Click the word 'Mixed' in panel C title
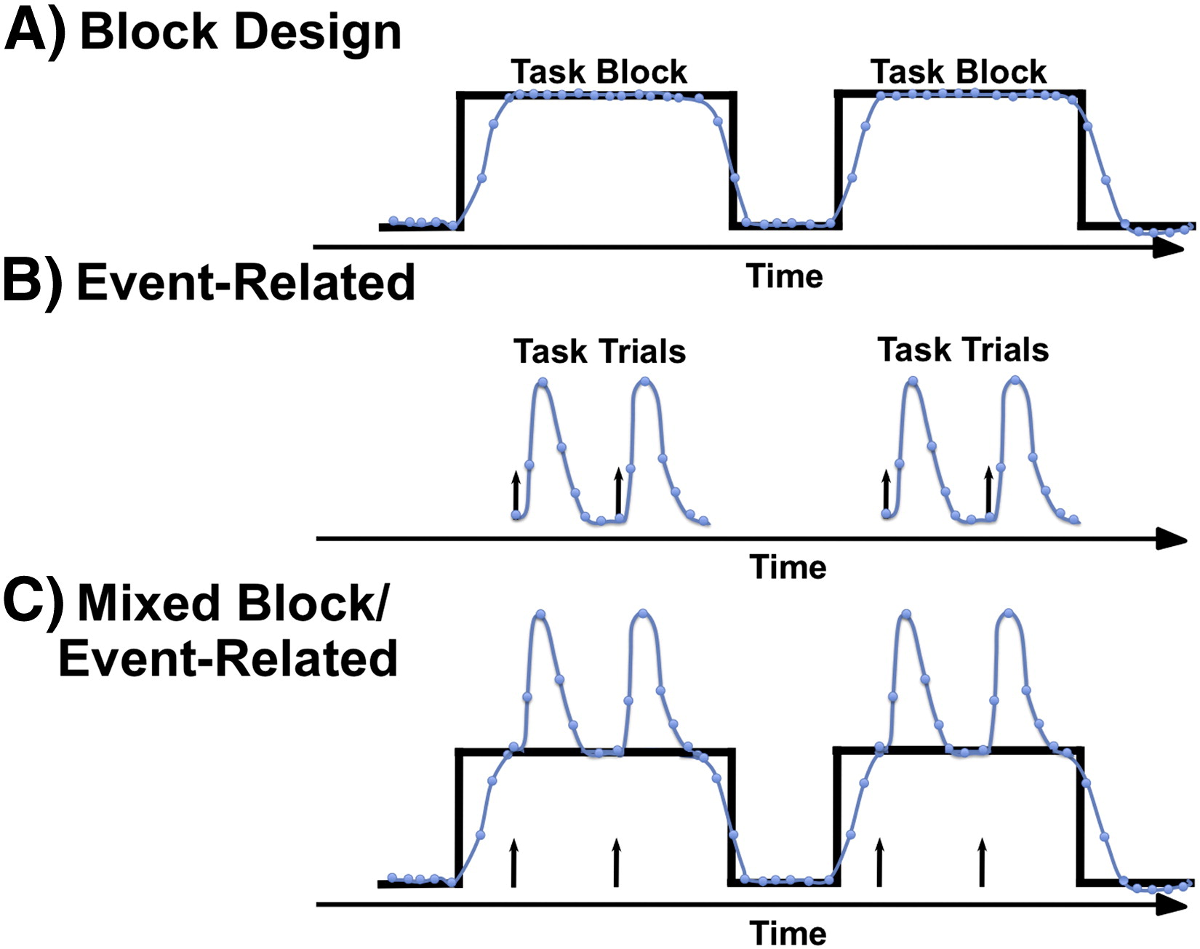tap(149, 604)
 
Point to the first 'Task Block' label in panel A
tap(599, 72)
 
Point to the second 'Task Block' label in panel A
tap(959, 72)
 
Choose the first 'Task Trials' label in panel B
tap(600, 351)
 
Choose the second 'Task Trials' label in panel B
tap(963, 350)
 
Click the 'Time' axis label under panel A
tap(785, 276)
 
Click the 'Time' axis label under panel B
tap(788, 567)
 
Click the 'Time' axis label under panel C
tap(788, 933)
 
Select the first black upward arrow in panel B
tap(516, 493)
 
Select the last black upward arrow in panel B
tap(988, 491)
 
